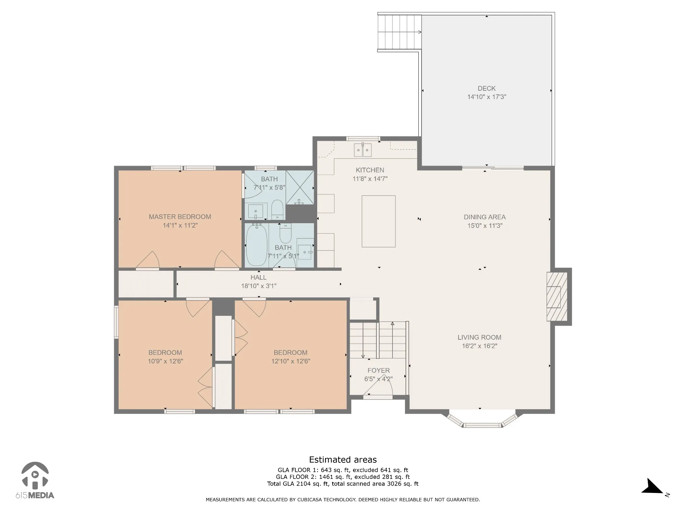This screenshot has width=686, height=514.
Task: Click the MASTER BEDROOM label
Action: pos(180,217)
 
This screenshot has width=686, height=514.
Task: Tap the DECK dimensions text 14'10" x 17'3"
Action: pos(487,97)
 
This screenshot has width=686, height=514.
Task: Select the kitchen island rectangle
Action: pos(379,221)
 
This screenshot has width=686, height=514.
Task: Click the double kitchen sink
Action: pos(363,150)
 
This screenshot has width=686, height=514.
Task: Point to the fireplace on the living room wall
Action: pos(557,296)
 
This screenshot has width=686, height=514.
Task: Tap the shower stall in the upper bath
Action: pos(300,187)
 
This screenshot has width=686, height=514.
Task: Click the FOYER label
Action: pos(379,370)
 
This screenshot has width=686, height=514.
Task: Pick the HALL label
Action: pos(259,277)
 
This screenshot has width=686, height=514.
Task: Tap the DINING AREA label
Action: pos(485,217)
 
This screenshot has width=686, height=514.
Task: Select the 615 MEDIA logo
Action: pos(35,481)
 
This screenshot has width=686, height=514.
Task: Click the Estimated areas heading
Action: pos(343,460)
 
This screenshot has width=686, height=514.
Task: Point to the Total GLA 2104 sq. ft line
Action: pos(343,484)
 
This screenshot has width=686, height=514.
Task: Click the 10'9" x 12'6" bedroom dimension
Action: pos(165,361)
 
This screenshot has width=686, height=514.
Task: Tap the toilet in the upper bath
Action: pos(277,209)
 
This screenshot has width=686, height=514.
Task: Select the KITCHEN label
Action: pos(370,170)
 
